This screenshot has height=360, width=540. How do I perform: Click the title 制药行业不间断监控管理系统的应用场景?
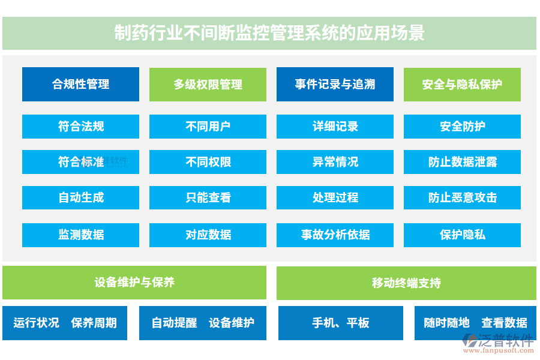pyautogui.click(x=269, y=32)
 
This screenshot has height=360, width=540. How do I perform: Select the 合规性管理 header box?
pyautogui.click(x=80, y=84)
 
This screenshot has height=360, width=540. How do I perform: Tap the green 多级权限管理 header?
pyautogui.click(x=208, y=84)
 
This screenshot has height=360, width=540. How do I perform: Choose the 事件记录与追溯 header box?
pyautogui.click(x=335, y=84)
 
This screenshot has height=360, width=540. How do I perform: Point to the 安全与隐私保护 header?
pyautogui.click(x=462, y=84)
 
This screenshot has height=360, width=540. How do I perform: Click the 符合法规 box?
pyautogui.click(x=80, y=127)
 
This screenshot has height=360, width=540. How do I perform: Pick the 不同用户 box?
pyautogui.click(x=208, y=127)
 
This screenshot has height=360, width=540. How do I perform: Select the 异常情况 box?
pyautogui.click(x=335, y=162)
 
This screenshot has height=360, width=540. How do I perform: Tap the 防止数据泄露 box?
pyautogui.click(x=462, y=162)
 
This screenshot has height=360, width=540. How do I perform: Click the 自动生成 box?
pyautogui.click(x=80, y=197)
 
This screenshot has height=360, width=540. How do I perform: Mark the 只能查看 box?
pyautogui.click(x=208, y=197)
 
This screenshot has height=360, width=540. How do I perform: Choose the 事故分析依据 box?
pyautogui.click(x=335, y=235)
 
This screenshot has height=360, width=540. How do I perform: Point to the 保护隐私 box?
pyautogui.click(x=462, y=235)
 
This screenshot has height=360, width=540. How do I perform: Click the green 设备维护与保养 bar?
pyautogui.click(x=134, y=283)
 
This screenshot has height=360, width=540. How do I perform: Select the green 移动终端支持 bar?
pyautogui.click(x=406, y=283)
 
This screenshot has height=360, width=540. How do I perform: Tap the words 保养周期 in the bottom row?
pyautogui.click(x=94, y=323)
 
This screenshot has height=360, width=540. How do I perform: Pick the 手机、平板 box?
pyautogui.click(x=340, y=323)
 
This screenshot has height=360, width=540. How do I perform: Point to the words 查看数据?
pyautogui.click(x=504, y=323)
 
